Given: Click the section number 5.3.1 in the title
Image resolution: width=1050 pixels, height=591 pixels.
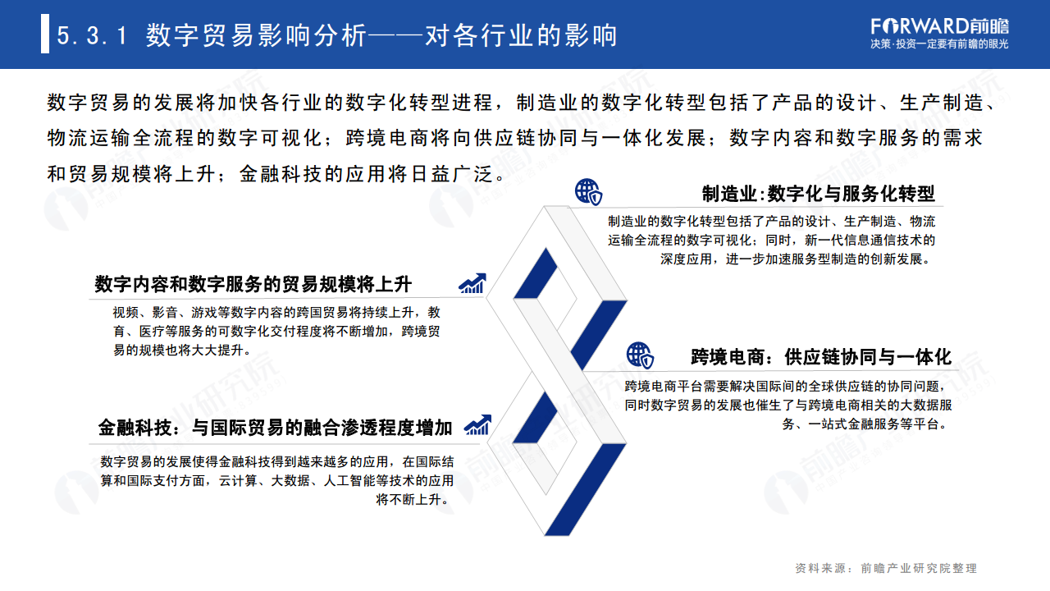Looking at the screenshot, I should (x=92, y=36).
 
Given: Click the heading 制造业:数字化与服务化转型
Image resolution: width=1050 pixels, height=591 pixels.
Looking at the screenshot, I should (x=818, y=194).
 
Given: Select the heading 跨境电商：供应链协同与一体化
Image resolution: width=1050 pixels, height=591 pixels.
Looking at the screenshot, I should (x=820, y=357).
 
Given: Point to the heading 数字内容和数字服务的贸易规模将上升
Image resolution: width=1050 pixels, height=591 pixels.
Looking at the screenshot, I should (x=253, y=284).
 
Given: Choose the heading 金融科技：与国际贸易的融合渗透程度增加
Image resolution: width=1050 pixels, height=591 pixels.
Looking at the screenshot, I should (x=276, y=427).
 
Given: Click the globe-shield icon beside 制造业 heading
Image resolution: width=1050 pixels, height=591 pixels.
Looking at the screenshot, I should (x=587, y=192).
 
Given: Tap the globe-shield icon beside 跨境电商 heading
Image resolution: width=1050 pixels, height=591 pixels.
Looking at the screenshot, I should (x=640, y=355).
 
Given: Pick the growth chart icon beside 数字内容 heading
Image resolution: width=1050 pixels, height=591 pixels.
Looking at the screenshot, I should (x=473, y=283).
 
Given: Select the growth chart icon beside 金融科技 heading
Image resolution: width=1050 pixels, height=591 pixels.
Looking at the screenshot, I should (x=477, y=425).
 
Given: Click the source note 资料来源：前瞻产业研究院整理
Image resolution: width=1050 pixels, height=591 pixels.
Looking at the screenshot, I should (x=886, y=568).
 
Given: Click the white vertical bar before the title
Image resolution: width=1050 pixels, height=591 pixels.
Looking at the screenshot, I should (x=45, y=35).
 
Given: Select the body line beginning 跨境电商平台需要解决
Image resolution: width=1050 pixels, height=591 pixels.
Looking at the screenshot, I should (x=779, y=386).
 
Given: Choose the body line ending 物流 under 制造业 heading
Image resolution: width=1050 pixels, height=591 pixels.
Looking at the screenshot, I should (x=771, y=222).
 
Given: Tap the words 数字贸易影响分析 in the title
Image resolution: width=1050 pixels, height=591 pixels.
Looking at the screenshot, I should (x=257, y=36).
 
